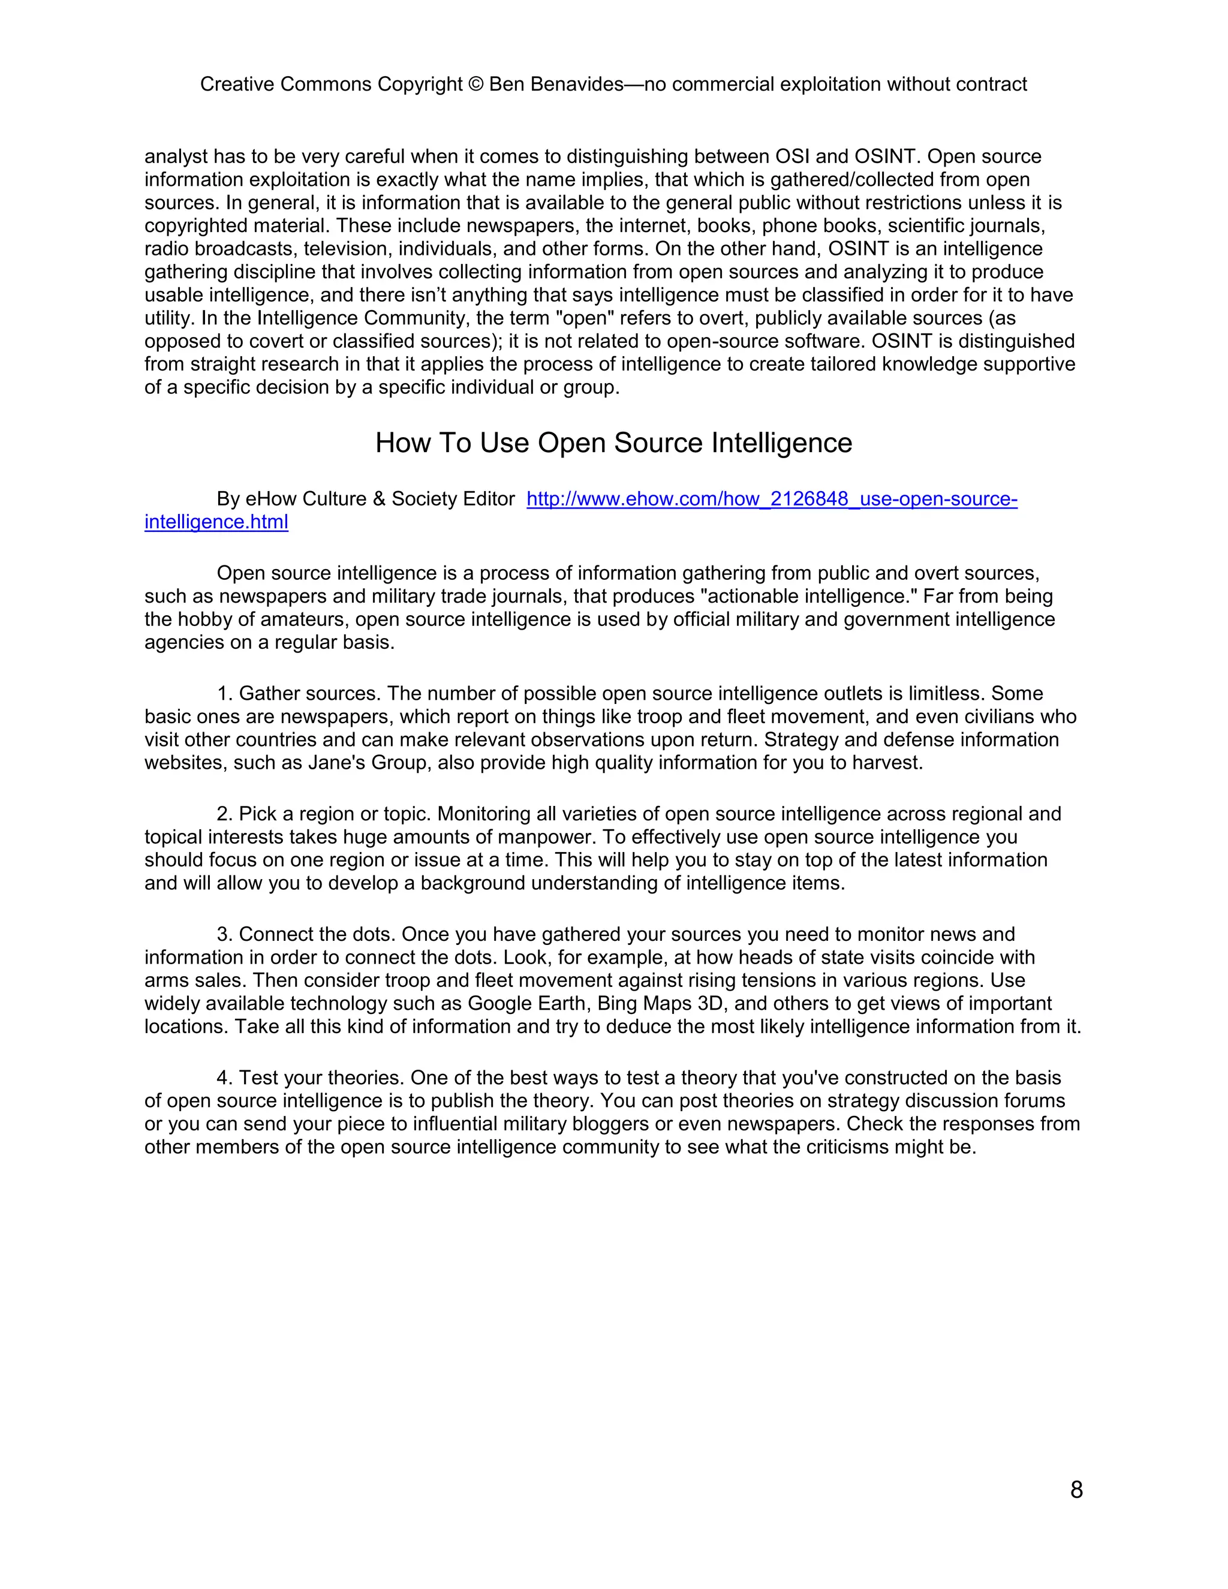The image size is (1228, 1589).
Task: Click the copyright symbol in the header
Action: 475,85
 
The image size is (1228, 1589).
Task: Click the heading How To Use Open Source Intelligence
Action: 613,443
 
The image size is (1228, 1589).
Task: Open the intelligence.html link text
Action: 216,522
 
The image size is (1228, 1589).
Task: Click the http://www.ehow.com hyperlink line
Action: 771,498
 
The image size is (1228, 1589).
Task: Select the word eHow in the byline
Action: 270,498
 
